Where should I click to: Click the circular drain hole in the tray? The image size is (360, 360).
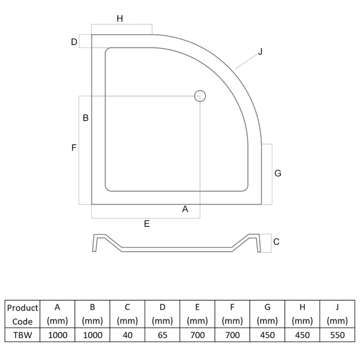[x=200, y=95]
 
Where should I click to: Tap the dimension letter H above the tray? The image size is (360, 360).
[x=120, y=18]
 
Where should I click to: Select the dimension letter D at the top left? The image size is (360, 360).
[x=74, y=42]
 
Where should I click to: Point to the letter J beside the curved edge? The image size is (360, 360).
[x=260, y=52]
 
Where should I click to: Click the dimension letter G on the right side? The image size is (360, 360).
[x=278, y=173]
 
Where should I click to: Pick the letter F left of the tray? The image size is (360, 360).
[x=74, y=147]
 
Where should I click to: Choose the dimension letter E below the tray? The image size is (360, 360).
[x=147, y=224]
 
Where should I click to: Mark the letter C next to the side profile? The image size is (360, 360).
[x=276, y=242]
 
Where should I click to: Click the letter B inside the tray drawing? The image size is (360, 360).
[x=85, y=118]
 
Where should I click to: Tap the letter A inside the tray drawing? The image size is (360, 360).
[x=184, y=209]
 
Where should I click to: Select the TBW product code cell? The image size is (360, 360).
[x=22, y=335]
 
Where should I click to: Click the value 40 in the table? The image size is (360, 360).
[x=127, y=335]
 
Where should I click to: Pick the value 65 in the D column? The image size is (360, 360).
[x=162, y=335]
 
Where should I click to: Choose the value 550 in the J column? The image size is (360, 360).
[x=337, y=335]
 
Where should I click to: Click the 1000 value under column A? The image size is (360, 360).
[x=57, y=335]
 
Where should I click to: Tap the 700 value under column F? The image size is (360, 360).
[x=232, y=335]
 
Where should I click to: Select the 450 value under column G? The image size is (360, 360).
[x=267, y=335]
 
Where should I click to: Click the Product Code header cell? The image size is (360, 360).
[x=22, y=314]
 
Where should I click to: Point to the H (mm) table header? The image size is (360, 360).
[x=302, y=314]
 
